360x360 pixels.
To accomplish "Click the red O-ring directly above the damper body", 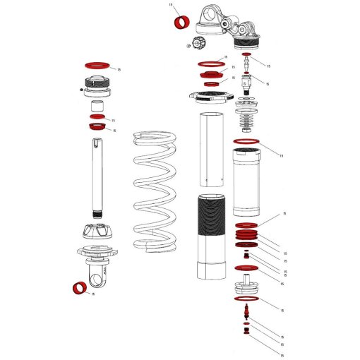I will point(246,143).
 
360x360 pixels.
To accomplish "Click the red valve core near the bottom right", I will point(246,308).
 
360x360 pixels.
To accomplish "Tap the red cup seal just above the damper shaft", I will point(96,126).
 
